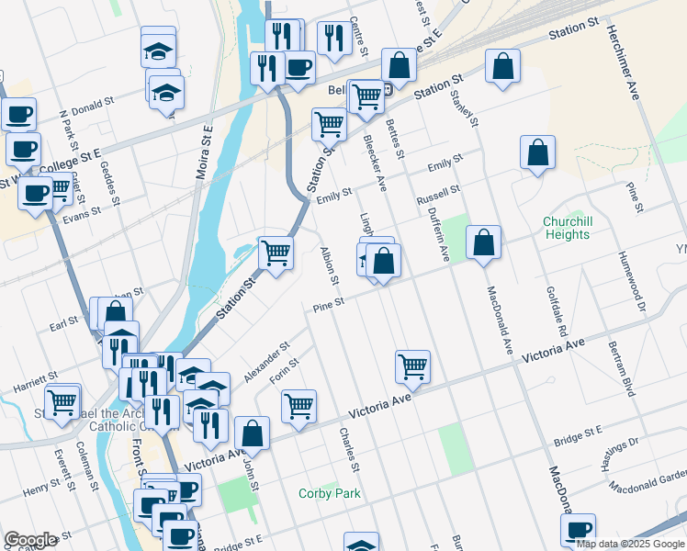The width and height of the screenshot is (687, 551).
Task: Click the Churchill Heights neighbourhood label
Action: click(x=566, y=228)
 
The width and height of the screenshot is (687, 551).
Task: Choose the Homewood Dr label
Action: click(x=631, y=282)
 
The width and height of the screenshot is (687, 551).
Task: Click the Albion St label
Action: click(x=330, y=265)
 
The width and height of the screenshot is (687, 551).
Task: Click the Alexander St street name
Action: click(x=267, y=364)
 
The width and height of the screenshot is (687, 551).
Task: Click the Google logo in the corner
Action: click(x=30, y=540)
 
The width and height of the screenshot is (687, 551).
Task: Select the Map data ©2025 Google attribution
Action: click(x=631, y=545)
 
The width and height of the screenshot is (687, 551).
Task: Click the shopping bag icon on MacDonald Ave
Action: click(x=483, y=243)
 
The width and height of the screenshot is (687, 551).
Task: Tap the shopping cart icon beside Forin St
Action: click(x=299, y=406)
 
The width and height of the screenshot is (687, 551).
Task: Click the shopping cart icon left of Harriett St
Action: click(x=62, y=401)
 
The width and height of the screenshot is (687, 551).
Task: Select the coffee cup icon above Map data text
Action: click(x=579, y=529)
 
